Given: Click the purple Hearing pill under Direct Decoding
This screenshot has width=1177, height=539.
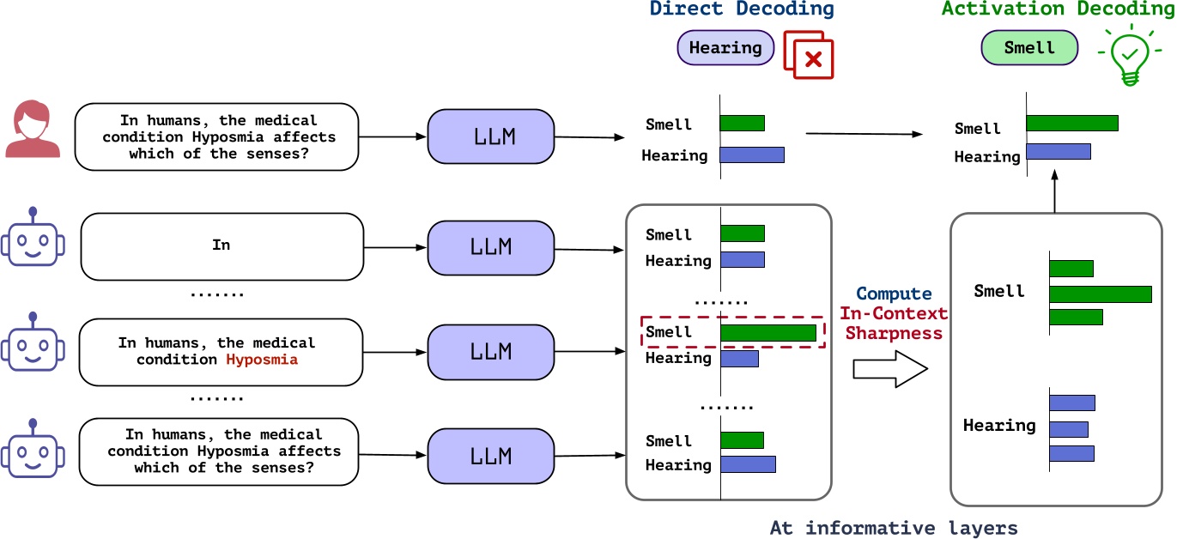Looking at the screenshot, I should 725,48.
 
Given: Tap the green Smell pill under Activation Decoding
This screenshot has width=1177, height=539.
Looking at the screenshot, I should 1028,48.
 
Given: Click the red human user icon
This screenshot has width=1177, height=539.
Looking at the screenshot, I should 33,131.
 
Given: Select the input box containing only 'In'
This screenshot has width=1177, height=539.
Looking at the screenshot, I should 221,245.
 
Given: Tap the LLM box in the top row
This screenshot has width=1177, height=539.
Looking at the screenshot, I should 490,136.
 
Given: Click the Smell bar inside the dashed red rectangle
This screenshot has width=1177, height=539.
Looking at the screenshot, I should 767,333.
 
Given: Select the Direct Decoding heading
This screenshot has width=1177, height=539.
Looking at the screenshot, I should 741,10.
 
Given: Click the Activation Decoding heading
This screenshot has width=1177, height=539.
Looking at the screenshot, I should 1058,10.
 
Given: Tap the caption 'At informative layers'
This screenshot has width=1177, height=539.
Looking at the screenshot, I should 892,527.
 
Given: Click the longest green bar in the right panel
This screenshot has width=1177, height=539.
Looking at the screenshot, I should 1100,294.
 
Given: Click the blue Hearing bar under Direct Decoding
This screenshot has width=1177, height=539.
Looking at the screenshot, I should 751,155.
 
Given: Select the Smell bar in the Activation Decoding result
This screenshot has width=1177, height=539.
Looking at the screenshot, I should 1071,123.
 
